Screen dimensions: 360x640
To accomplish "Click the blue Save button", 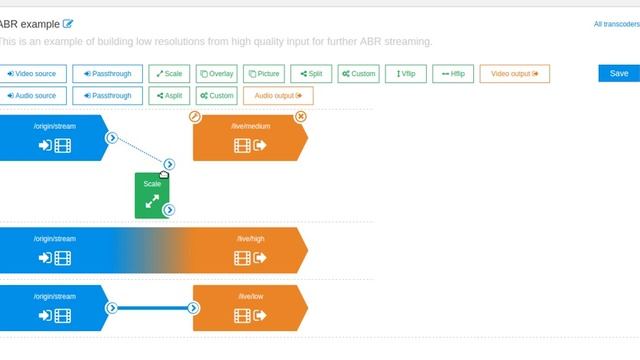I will click(x=618, y=73).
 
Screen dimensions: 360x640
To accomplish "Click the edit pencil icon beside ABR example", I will click(x=68, y=24).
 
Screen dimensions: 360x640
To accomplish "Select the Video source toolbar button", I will click(x=33, y=74).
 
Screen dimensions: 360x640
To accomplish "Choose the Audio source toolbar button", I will click(x=33, y=96).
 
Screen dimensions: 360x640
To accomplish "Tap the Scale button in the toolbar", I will click(x=169, y=74).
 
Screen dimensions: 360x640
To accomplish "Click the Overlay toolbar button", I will click(x=216, y=74).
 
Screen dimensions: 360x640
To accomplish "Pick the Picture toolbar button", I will click(x=264, y=74).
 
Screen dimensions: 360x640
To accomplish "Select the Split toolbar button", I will click(x=311, y=74).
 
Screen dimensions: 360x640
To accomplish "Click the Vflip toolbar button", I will click(x=406, y=74).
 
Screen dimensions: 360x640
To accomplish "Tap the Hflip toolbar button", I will click(x=453, y=74).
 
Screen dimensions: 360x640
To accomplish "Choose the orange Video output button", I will click(x=514, y=74).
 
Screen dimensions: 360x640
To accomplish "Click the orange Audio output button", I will click(x=277, y=96).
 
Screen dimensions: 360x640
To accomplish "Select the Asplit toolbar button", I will click(x=169, y=96).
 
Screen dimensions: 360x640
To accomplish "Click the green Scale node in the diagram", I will click(x=151, y=194).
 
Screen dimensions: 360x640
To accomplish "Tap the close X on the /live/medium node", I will click(x=300, y=117).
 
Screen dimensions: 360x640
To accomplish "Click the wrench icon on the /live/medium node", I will click(x=195, y=117).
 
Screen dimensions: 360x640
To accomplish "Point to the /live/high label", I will click(x=250, y=239).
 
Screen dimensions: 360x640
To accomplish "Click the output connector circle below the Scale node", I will click(x=169, y=210).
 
